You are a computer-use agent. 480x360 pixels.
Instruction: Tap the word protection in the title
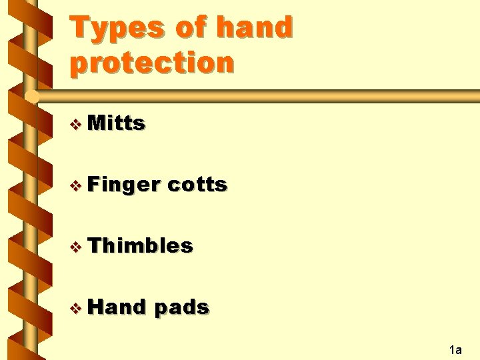[x=152, y=63]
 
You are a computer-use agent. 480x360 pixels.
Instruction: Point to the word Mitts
[x=116, y=123]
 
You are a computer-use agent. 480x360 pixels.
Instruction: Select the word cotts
[x=197, y=184]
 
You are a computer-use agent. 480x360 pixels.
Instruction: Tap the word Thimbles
[x=140, y=245]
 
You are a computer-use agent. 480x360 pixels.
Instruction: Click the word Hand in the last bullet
[x=117, y=307]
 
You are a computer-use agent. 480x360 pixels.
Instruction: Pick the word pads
[x=182, y=307]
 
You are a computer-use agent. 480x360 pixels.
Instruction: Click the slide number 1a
[x=456, y=349]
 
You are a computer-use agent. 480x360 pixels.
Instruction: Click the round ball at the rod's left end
[x=31, y=96]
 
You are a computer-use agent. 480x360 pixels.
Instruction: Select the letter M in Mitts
[x=97, y=123]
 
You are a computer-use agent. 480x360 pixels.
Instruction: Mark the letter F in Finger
[x=94, y=184]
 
